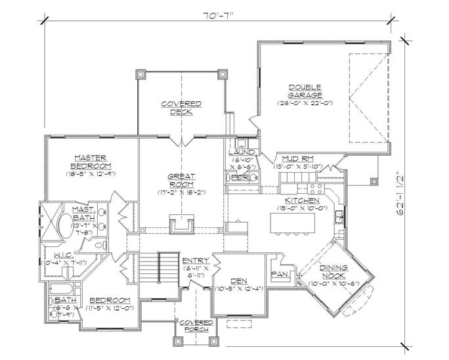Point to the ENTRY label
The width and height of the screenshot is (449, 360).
click(x=195, y=261)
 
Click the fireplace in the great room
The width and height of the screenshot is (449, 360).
click(x=180, y=224)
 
